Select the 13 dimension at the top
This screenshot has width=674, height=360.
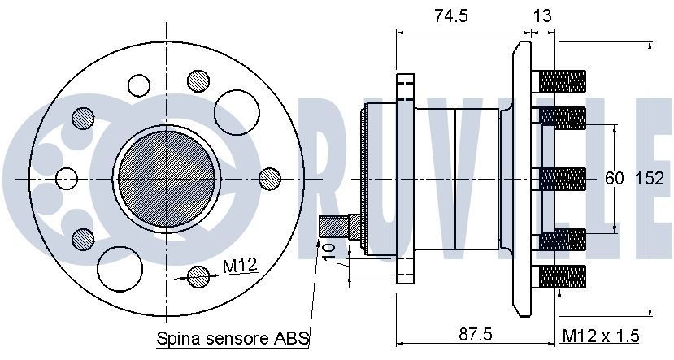pyautogui.click(x=543, y=15)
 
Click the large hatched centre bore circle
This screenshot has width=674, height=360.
pyautogui.click(x=167, y=177)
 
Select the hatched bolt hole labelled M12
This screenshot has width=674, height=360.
pyautogui.click(x=198, y=277)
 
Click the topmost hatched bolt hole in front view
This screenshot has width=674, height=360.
pyautogui.click(x=198, y=80)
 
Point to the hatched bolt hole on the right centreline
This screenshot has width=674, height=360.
pyautogui.click(x=269, y=178)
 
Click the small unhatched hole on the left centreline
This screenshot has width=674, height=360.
pyautogui.click(x=67, y=178)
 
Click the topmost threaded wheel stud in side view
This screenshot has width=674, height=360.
pyautogui.click(x=563, y=81)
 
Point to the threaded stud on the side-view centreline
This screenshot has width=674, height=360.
pyautogui.click(x=563, y=179)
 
